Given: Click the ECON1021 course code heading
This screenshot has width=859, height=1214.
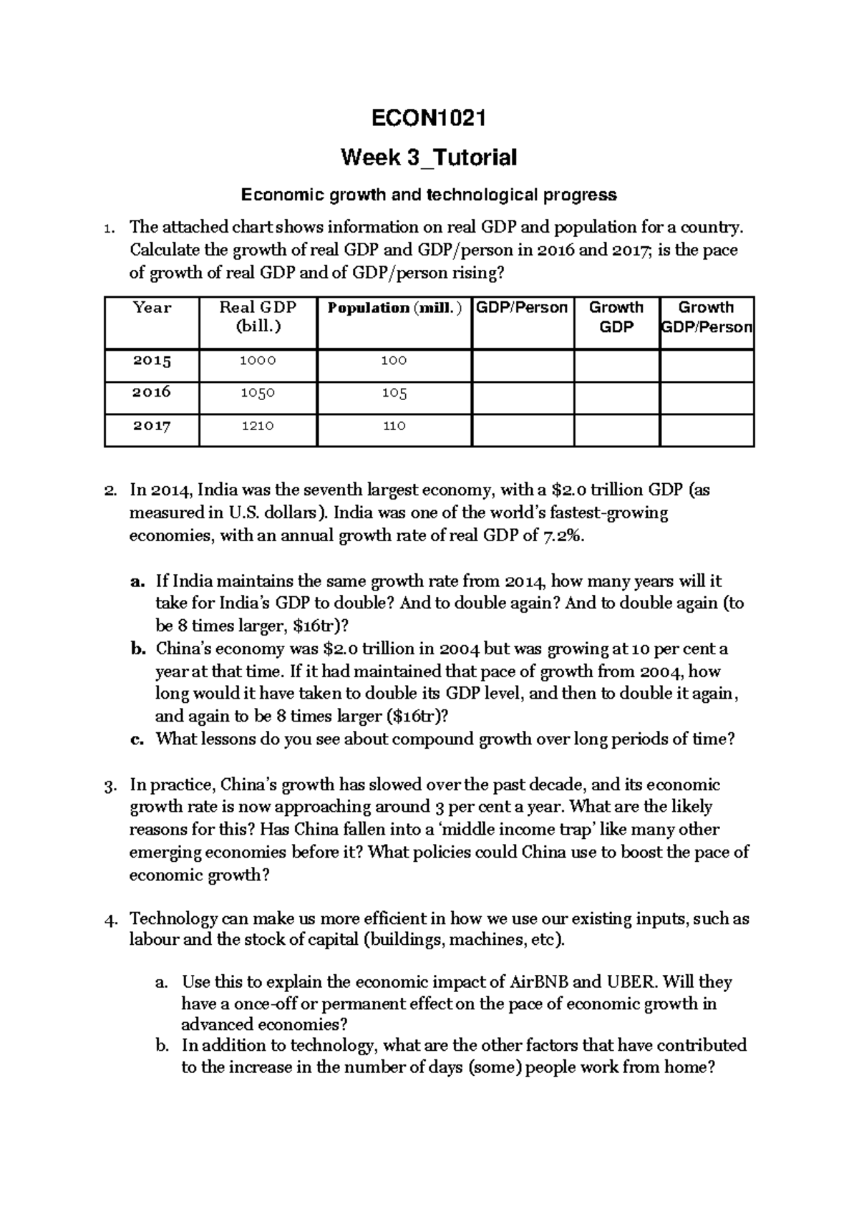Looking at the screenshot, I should pos(429,118).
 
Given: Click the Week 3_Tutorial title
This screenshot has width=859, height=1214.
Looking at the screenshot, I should pos(429,157).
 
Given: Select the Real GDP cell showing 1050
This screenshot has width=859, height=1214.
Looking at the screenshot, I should pos(258,393).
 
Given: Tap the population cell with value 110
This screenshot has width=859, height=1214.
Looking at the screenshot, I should pos(394,426).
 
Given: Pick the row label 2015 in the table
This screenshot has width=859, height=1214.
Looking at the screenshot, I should pos(152,361).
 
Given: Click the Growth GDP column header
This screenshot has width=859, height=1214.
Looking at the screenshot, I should pos(616,317).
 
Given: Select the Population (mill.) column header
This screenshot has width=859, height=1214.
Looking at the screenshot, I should pos(394,308).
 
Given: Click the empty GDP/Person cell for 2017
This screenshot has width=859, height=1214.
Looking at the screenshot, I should pos(523,429).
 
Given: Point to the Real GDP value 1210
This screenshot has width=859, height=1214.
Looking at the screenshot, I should pos(258,426).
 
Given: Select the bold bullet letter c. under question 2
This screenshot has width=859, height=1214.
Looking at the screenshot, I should pos(137,739).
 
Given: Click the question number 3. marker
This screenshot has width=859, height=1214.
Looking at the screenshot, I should pos(110,786).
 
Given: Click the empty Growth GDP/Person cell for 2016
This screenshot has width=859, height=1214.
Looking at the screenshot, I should pos(707,397).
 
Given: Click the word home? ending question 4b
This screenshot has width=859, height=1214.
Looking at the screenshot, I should pos(690,1067).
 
